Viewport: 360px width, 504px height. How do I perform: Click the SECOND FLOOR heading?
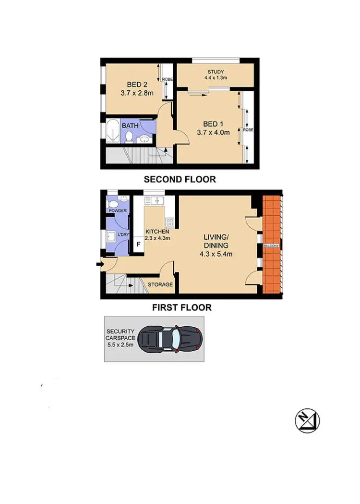point(180,180)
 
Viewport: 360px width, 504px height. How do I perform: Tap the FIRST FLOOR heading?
point(181,307)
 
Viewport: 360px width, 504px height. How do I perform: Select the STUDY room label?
point(216,73)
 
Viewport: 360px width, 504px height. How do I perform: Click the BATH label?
point(130,126)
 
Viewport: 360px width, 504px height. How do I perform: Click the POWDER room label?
point(117,211)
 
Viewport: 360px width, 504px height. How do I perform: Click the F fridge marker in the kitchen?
point(139,244)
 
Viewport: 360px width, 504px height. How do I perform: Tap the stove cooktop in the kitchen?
point(169,222)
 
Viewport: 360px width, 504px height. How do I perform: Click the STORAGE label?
point(160,284)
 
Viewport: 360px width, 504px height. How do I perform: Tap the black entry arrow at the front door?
point(98,263)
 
